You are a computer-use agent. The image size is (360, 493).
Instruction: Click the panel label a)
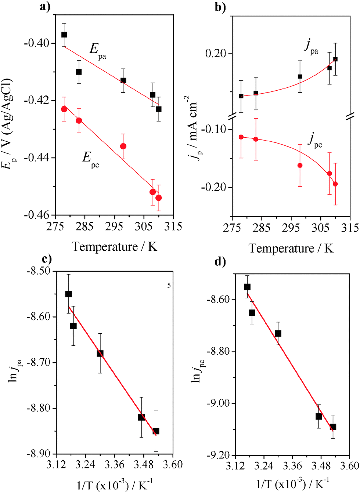pyautogui.click(x=45, y=6)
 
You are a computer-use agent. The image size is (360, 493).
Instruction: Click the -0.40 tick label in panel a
pyautogui.click(x=36, y=43)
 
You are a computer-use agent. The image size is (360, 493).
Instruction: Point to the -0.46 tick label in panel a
pyautogui.click(x=36, y=215)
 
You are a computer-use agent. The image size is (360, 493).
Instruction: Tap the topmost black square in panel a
pyautogui.click(x=64, y=35)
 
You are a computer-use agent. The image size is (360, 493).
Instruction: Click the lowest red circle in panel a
pyautogui.click(x=159, y=198)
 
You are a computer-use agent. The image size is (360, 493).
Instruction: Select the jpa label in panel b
pyautogui.click(x=311, y=47)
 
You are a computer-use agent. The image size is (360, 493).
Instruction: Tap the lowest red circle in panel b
pyautogui.click(x=335, y=184)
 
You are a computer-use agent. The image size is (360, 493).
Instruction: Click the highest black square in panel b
pyautogui.click(x=335, y=59)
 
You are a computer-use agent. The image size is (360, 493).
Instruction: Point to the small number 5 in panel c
pyautogui.click(x=169, y=285)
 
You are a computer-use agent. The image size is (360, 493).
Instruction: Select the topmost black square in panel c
pyautogui.click(x=68, y=294)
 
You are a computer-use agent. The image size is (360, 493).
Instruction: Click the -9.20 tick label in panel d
pyautogui.click(x=219, y=456)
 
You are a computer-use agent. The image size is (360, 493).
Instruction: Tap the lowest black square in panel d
pyautogui.click(x=333, y=427)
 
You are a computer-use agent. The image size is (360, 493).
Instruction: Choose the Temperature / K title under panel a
pyautogui.click(x=114, y=247)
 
